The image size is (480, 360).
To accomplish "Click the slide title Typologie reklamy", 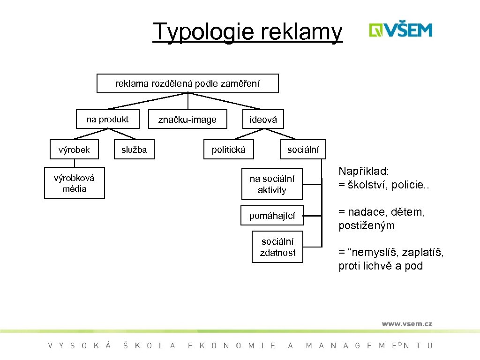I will coord(247,31).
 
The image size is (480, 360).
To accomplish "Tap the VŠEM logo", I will coord(400,30).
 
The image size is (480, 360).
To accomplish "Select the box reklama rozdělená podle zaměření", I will coord(187,84).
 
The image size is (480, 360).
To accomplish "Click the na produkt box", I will coord(108,120).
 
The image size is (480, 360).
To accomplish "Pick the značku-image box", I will coord(187,120).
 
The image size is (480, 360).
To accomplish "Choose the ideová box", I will coord(263,120).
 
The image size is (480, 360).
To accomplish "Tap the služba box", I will coord(134,150).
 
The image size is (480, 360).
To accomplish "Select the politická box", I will coord(229,150).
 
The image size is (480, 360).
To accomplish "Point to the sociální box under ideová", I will coord(303,150).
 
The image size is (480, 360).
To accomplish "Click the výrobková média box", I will coord(75,183).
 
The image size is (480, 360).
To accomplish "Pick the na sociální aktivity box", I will coord(272,184).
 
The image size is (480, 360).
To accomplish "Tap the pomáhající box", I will coord(272,216).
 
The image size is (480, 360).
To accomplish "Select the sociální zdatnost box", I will coord(277,247).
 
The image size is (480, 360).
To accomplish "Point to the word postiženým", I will coord(367,226).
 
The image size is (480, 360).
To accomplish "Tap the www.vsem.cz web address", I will coord(406,323).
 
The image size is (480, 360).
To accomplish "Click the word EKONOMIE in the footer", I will coord(232,346).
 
